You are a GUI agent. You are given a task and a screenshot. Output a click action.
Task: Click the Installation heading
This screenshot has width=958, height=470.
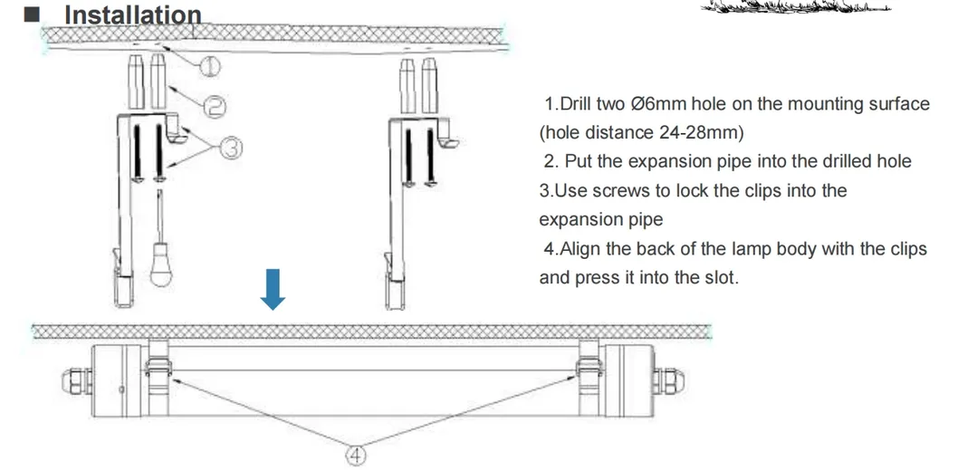(x=133, y=14)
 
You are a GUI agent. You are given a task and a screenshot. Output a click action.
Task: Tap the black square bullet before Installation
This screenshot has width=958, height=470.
(x=31, y=14)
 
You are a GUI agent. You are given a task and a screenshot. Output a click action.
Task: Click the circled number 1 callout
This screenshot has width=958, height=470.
(x=209, y=65)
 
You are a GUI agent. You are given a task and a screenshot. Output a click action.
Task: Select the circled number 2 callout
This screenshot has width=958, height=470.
(x=215, y=106)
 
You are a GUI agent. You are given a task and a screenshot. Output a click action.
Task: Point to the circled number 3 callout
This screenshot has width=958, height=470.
(x=230, y=148)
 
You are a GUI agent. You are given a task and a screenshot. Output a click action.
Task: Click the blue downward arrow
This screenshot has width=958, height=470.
(x=273, y=289)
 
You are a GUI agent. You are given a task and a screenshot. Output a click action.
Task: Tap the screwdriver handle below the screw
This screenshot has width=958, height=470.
(x=160, y=264)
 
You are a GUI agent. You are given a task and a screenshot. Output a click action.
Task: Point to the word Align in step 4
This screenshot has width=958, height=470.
(x=580, y=249)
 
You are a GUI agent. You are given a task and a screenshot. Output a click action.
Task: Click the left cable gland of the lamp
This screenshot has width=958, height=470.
(x=76, y=381)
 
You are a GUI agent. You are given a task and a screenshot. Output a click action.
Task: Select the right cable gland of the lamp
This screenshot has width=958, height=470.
(x=669, y=380)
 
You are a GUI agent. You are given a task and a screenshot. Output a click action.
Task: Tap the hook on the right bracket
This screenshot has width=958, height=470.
(x=449, y=134)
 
